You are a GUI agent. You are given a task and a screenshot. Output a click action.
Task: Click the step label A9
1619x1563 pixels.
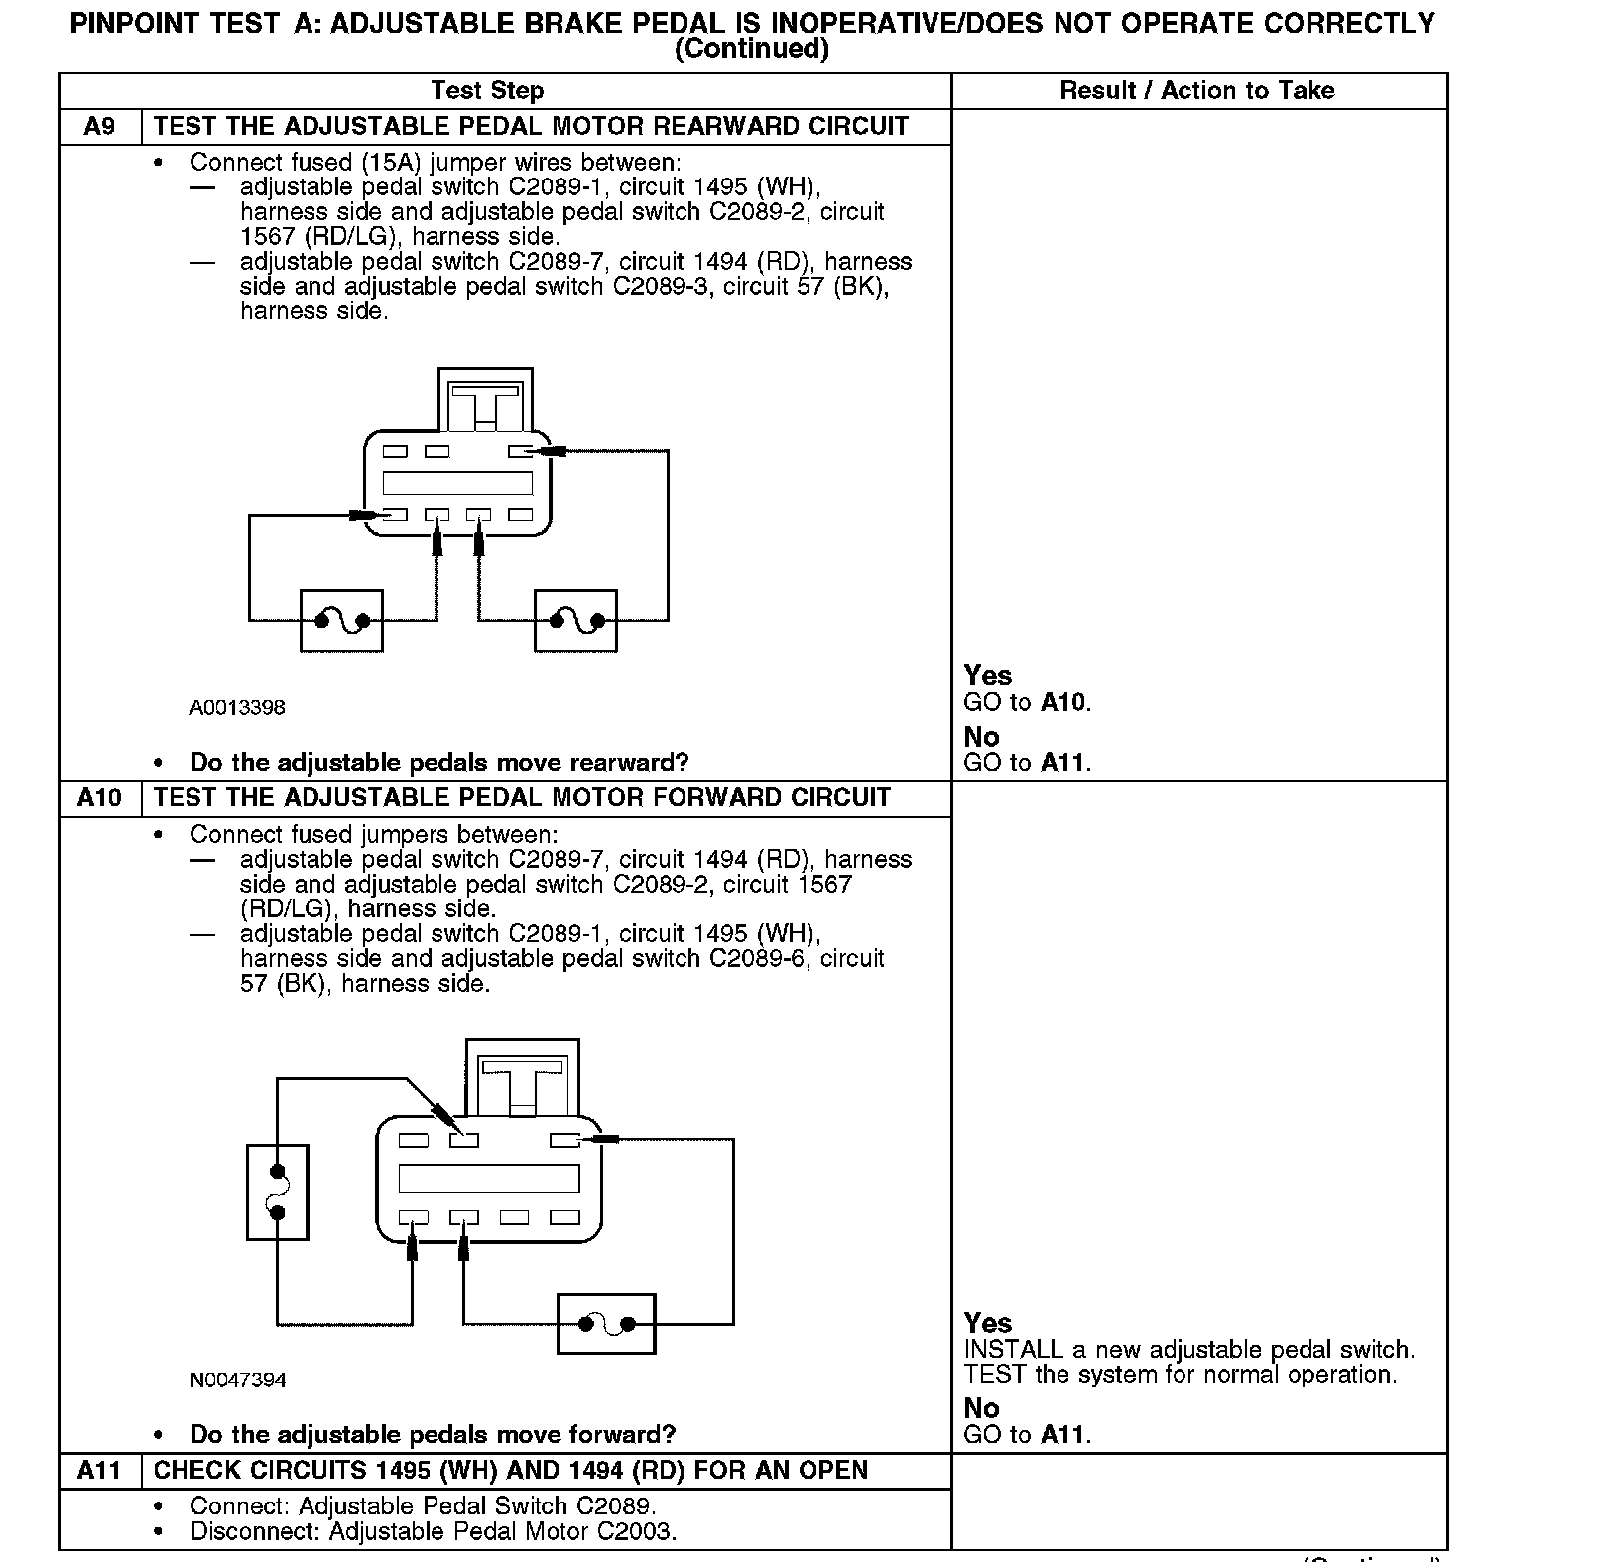coord(99,127)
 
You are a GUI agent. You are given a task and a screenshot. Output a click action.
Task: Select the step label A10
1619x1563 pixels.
coord(99,798)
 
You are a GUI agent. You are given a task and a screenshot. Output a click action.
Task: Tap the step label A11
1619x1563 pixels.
coord(99,1470)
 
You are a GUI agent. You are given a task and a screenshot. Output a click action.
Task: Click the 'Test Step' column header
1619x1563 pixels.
coord(487,91)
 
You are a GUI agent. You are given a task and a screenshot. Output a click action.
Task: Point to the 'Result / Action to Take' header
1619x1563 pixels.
coord(1197,91)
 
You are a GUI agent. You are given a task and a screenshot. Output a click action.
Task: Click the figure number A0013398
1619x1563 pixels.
coord(238,707)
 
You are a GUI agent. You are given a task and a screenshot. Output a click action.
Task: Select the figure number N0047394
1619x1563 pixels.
coord(238,1380)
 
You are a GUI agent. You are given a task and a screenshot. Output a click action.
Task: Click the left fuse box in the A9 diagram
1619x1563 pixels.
coord(341,621)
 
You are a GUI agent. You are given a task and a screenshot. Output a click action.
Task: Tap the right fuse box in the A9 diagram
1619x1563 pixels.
coord(575,621)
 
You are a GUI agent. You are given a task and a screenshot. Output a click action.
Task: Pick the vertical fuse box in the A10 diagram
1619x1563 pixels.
coord(278,1192)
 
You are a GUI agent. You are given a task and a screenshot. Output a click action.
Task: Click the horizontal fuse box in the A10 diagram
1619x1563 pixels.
coord(606,1323)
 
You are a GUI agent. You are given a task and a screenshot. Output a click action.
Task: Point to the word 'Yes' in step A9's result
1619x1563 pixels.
coord(988,676)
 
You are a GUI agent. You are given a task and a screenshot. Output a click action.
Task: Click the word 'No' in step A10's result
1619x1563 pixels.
coord(981,1408)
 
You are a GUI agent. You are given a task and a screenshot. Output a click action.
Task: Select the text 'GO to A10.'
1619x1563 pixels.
coord(1027,703)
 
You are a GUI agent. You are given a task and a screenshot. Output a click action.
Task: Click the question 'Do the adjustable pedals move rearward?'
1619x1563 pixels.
coord(439,763)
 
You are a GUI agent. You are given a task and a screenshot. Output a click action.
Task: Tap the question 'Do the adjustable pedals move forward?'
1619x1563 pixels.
coord(433,1434)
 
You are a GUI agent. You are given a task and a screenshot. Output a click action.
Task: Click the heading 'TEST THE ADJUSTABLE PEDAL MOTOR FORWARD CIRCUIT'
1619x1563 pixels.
coord(523,798)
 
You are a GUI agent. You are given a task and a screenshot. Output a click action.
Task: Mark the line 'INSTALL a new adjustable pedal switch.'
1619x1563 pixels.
coord(1188,1350)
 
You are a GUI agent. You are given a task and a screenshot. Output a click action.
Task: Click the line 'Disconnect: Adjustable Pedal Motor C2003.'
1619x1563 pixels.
coord(434,1531)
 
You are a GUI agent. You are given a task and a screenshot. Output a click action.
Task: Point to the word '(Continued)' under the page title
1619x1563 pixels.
coord(751,49)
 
